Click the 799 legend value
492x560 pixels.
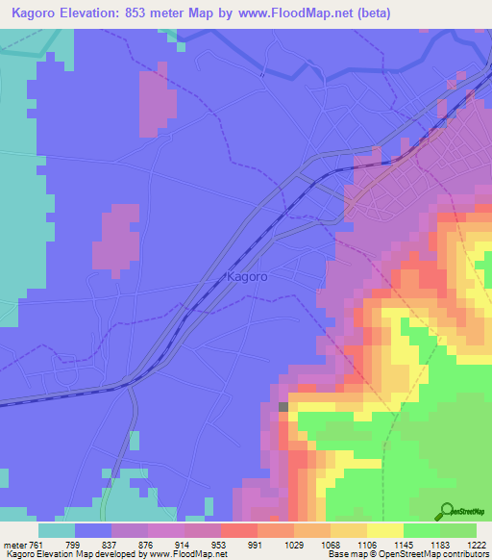93,545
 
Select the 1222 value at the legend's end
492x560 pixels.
478,545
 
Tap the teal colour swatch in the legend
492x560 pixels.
57,530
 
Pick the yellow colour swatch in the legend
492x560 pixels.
385,530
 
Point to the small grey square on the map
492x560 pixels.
283,407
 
